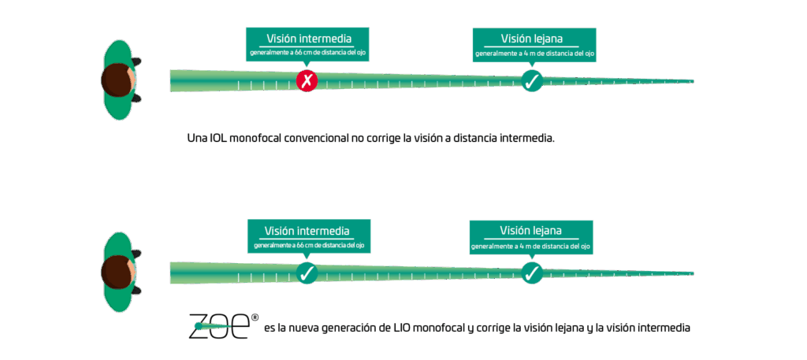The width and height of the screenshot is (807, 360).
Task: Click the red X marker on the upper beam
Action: pyautogui.click(x=307, y=80)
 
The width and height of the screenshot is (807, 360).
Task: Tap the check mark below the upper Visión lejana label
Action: pyautogui.click(x=532, y=80)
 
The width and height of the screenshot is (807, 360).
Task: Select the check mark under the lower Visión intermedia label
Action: pyautogui.click(x=307, y=273)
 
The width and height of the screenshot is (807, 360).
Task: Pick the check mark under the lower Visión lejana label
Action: pyautogui.click(x=532, y=273)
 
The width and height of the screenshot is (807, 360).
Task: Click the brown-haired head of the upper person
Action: pyautogui.click(x=116, y=80)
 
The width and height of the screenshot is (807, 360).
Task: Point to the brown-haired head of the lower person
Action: pyautogui.click(x=116, y=272)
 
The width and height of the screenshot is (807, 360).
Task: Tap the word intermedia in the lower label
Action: pyautogui.click(x=325, y=232)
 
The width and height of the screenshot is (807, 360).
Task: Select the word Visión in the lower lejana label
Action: pyautogui.click(x=513, y=232)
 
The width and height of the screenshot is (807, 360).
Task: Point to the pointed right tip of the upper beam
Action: pyautogui.click(x=692, y=80)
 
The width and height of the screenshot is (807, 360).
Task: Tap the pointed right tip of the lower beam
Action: pyautogui.click(x=692, y=273)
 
